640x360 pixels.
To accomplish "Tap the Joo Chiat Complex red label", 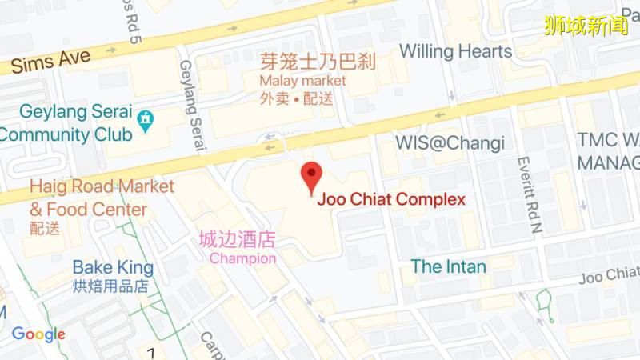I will point(391,200).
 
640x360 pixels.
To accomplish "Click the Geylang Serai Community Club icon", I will point(145,121).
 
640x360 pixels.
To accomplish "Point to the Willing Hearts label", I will point(455,51).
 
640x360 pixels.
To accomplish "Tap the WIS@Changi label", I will point(450,143).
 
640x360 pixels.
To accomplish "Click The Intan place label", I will point(448,266).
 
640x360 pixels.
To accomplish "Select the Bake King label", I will point(110,267).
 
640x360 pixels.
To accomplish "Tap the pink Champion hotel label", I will point(242,258).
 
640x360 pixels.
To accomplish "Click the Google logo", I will point(38,334).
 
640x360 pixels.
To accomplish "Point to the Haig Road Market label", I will point(102,187).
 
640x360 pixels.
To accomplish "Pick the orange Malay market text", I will point(302,81).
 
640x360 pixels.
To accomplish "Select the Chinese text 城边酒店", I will point(237,239).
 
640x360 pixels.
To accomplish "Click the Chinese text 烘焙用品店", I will point(110,286).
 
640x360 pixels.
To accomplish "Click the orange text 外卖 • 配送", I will point(297,99).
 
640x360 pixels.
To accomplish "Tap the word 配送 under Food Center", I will point(45,228).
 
